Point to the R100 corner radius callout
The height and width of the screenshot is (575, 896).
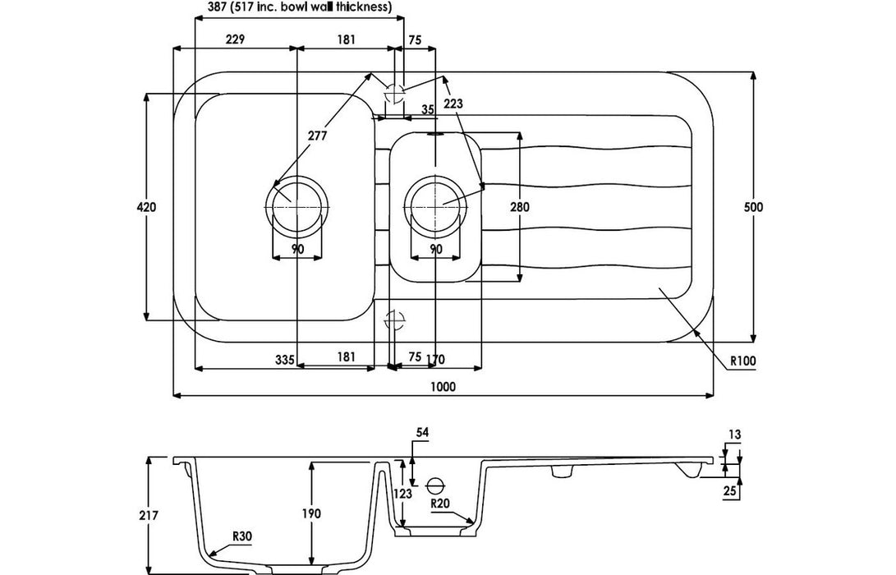click(742, 360)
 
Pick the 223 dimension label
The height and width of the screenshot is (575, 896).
click(453, 103)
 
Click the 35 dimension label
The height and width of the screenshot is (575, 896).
click(427, 109)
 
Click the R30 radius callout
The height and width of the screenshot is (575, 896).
click(241, 536)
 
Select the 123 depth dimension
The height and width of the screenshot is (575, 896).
click(402, 494)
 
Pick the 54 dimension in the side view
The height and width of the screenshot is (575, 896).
click(422, 431)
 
